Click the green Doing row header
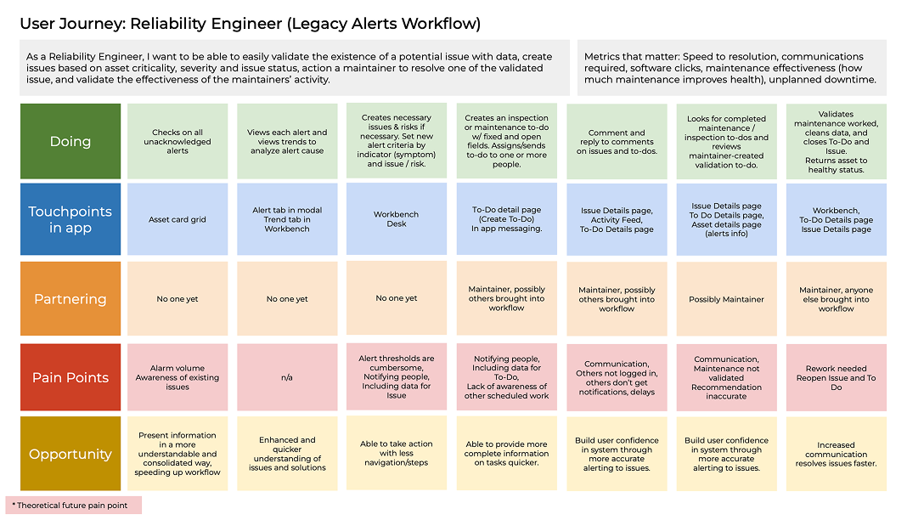tap(70, 142)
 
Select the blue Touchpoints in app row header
tap(70, 219)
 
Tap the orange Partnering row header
tap(70, 299)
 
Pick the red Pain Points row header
tap(70, 377)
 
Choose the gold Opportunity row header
tap(70, 454)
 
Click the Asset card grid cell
tap(177, 219)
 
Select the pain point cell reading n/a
tap(287, 377)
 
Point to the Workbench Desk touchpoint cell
tap(397, 218)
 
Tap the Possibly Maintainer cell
tap(727, 299)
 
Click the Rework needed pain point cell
tap(837, 377)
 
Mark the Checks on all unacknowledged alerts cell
tap(177, 142)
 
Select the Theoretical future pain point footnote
tap(74, 506)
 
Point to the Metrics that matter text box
tap(732, 68)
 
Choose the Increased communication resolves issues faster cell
tap(837, 454)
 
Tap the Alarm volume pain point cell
tap(177, 377)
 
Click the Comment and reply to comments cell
tap(617, 142)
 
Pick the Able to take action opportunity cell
tap(397, 454)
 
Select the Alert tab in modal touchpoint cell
tap(287, 219)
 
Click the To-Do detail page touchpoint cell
tap(507, 218)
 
